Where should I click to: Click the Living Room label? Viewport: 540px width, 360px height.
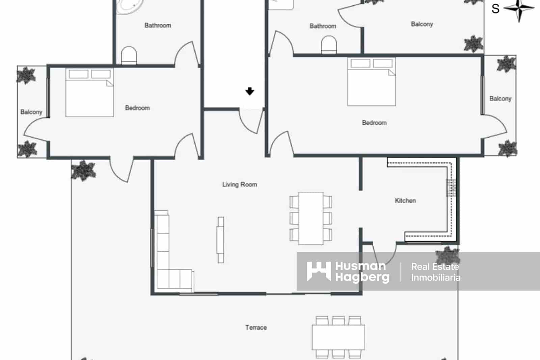(x=240, y=185)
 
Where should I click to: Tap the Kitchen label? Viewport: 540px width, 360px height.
(x=405, y=201)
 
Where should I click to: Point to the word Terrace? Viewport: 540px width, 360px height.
(x=256, y=328)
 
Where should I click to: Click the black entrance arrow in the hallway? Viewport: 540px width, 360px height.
(x=250, y=91)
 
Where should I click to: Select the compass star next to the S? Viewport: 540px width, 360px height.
(x=519, y=8)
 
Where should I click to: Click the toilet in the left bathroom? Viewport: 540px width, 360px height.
(x=129, y=55)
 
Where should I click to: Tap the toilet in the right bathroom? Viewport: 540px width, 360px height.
(x=329, y=45)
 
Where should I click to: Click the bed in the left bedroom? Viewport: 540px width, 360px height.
(x=89, y=92)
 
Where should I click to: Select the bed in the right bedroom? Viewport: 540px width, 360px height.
(x=372, y=81)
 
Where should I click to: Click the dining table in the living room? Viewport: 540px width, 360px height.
(x=311, y=218)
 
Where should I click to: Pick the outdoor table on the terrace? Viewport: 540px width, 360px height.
(x=338, y=337)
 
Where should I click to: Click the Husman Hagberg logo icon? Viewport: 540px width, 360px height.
(x=319, y=271)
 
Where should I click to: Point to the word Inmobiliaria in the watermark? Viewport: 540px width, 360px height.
(x=436, y=278)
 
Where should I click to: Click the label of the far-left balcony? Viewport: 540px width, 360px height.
(x=31, y=112)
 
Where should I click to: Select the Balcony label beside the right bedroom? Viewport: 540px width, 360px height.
(x=501, y=99)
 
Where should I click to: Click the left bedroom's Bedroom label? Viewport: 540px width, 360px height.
(x=137, y=108)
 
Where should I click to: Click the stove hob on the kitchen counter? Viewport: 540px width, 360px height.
(x=451, y=188)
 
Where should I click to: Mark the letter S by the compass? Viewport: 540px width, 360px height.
(x=496, y=9)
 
